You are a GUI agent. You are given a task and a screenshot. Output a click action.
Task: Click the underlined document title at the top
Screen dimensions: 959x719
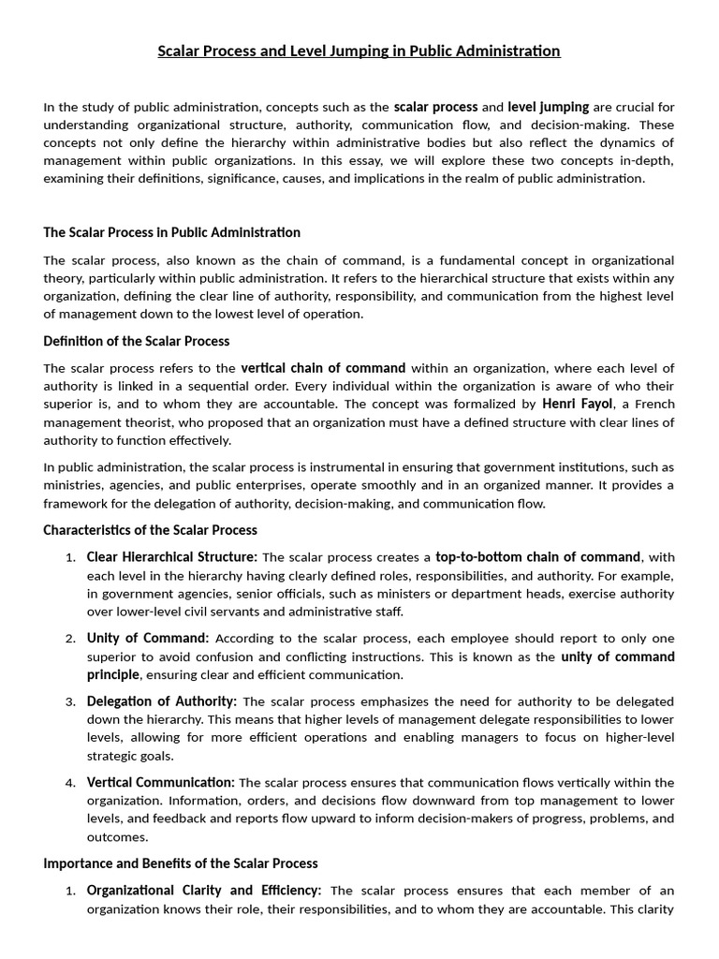point(359,51)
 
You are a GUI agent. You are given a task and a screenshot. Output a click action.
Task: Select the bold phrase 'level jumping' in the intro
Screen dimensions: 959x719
point(548,107)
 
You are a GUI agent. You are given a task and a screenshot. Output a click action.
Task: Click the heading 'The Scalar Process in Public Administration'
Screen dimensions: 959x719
point(172,231)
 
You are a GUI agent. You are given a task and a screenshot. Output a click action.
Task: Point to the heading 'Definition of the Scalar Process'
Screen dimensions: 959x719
point(137,341)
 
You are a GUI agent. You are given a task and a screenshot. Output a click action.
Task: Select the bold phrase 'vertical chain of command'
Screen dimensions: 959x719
point(323,368)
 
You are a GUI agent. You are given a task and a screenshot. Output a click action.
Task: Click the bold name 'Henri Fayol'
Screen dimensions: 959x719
point(578,404)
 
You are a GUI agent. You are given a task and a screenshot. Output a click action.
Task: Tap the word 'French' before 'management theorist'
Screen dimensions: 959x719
point(652,405)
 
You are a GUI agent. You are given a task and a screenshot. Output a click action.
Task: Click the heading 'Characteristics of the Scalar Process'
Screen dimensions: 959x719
point(152,530)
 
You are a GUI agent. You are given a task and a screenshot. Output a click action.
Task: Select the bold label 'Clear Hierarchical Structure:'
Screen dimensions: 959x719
point(172,557)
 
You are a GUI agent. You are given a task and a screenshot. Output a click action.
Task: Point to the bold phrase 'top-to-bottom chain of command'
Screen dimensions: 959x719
point(538,557)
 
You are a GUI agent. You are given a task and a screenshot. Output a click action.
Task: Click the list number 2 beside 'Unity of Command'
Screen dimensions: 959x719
point(70,639)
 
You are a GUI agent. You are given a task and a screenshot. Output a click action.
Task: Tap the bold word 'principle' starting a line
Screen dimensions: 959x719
point(113,674)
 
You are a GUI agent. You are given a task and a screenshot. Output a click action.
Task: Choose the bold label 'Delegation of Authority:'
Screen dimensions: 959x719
point(162,701)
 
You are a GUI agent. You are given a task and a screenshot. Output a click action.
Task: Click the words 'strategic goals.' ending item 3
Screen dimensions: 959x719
point(130,756)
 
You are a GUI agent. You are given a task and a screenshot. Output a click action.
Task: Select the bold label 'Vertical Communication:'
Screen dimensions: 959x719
point(161,782)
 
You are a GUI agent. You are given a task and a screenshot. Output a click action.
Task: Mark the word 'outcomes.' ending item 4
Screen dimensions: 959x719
point(117,836)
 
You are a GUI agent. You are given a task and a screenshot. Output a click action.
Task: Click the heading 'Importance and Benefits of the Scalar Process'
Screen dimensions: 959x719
point(181,863)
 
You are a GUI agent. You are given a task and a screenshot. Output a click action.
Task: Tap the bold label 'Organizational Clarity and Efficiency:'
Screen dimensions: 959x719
point(204,891)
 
